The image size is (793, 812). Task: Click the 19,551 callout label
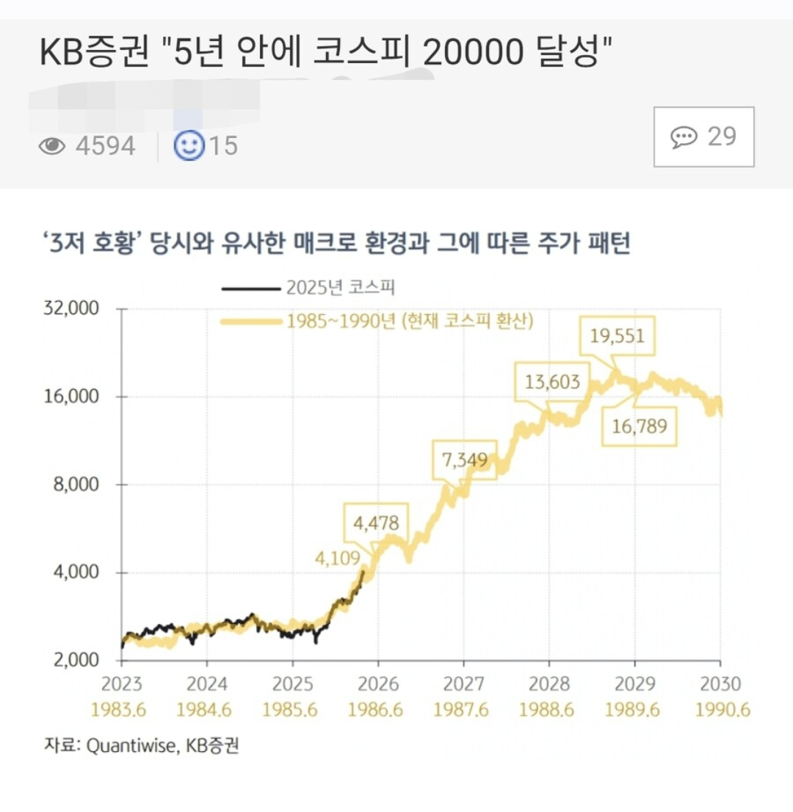pyautogui.click(x=617, y=336)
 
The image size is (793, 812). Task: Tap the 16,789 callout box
pyautogui.click(x=639, y=427)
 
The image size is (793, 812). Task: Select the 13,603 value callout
pyautogui.click(x=552, y=383)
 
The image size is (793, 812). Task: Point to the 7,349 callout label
pyautogui.click(x=465, y=460)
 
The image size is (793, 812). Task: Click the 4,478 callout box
pyautogui.click(x=376, y=523)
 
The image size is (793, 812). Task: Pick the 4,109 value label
pyautogui.click(x=337, y=558)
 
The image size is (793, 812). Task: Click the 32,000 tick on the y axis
pyautogui.click(x=71, y=308)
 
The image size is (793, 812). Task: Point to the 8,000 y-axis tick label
pyautogui.click(x=76, y=485)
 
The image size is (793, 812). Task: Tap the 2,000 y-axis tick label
pyautogui.click(x=76, y=660)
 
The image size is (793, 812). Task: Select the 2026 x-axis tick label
pyautogui.click(x=378, y=684)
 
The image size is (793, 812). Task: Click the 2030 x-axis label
pyautogui.click(x=720, y=684)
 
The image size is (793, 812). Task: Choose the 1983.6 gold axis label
pyautogui.click(x=119, y=709)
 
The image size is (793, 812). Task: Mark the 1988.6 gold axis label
pyautogui.click(x=546, y=709)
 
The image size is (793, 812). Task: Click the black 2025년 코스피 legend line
pyautogui.click(x=251, y=289)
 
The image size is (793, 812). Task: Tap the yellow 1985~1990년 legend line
pyautogui.click(x=251, y=322)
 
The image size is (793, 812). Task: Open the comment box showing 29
pyautogui.click(x=704, y=137)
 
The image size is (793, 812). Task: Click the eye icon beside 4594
pyautogui.click(x=52, y=146)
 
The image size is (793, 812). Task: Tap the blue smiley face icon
pyautogui.click(x=189, y=145)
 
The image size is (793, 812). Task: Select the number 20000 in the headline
pyautogui.click(x=473, y=52)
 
